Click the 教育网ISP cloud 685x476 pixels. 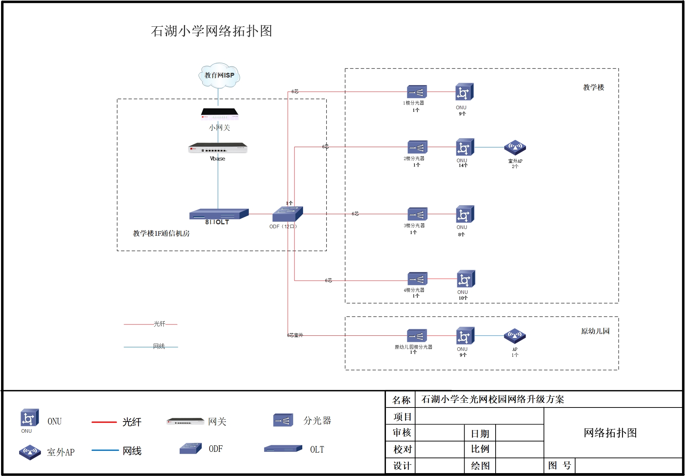tap(219, 75)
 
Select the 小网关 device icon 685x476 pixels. tap(220, 114)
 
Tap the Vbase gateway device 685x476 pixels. tap(218, 148)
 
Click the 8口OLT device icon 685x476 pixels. tap(219, 214)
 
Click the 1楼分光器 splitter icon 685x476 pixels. tap(417, 92)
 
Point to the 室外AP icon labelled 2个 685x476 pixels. tap(515, 148)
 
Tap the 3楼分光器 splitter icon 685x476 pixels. tap(417, 214)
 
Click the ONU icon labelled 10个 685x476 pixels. tap(466, 279)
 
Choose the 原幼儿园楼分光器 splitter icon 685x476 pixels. tap(417, 336)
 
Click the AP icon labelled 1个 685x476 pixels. tap(514, 336)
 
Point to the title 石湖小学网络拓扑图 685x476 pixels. tap(211, 31)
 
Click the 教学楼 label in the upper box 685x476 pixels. tap(593, 87)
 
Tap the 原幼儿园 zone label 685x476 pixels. tap(595, 331)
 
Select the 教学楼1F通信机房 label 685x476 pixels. tap(161, 233)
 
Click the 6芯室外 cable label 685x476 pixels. tap(295, 335)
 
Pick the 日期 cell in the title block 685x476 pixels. tap(480, 433)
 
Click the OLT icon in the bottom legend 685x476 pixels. tap(283, 449)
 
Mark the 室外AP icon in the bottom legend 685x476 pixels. tap(30, 452)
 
